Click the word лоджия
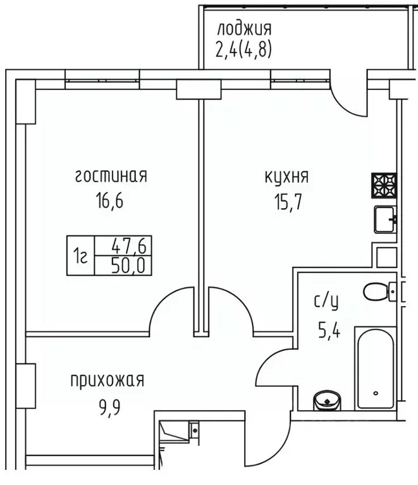[243, 28]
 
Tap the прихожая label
[107, 381]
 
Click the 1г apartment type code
[80, 255]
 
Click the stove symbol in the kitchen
[384, 186]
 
